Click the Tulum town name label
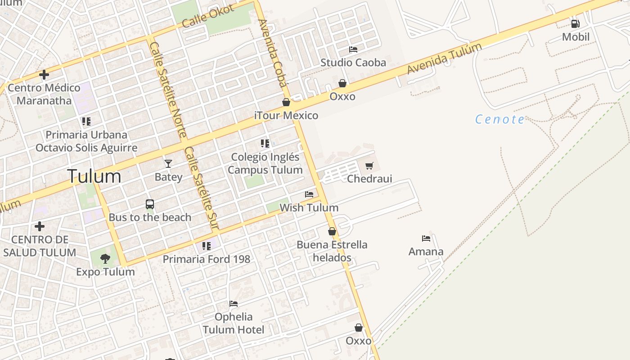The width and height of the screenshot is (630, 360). click(x=94, y=176)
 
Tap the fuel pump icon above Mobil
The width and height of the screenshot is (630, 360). click(x=575, y=23)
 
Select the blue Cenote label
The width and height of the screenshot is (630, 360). click(x=499, y=119)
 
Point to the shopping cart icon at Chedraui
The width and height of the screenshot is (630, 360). click(x=369, y=166)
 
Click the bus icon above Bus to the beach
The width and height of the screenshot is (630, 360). click(x=150, y=204)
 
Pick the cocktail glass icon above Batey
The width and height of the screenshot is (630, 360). click(x=168, y=163)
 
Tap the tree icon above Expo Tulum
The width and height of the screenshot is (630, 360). click(x=105, y=258)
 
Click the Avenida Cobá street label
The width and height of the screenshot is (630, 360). click(x=273, y=53)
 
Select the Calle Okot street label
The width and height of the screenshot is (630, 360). click(x=208, y=16)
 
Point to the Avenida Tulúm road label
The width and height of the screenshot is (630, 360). click(x=444, y=58)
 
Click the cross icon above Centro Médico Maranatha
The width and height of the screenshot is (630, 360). click(x=44, y=74)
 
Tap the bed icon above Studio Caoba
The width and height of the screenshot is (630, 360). click(x=353, y=49)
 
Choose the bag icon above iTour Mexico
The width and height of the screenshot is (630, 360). click(x=286, y=103)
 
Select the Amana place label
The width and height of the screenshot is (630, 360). click(x=426, y=252)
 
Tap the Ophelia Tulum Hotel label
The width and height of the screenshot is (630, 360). click(x=234, y=323)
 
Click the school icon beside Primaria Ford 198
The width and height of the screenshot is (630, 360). click(x=206, y=246)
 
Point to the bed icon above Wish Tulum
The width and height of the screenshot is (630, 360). click(x=309, y=194)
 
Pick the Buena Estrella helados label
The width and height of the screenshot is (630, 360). click(x=332, y=251)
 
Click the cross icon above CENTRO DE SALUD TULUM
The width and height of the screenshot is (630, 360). click(x=40, y=226)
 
